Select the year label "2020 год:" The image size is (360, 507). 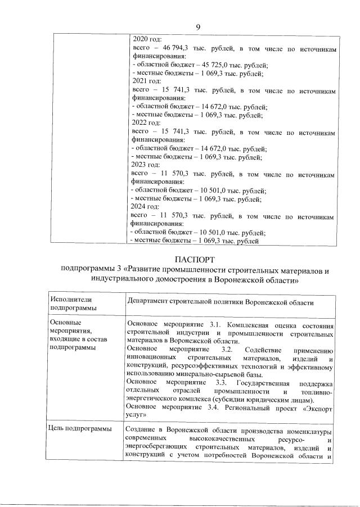[x=146, y=40]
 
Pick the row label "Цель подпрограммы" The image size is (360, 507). [x=82, y=430]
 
